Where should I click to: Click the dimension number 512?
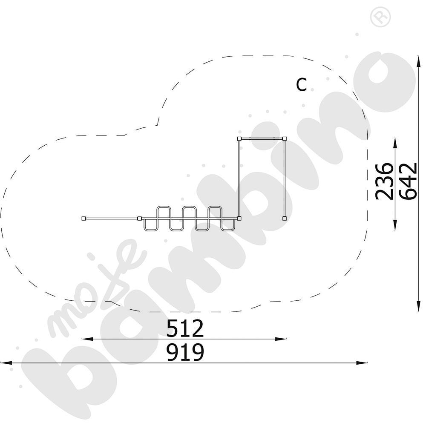click(185, 328)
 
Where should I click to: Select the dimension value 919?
click(185, 352)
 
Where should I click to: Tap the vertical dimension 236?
click(384, 181)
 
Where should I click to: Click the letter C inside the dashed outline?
click(301, 84)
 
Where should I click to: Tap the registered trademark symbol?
click(380, 17)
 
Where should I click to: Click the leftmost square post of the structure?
click(83, 219)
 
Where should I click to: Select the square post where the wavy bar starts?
click(140, 219)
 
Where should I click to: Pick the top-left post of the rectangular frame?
click(239, 139)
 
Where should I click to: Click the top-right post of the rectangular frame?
click(284, 139)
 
